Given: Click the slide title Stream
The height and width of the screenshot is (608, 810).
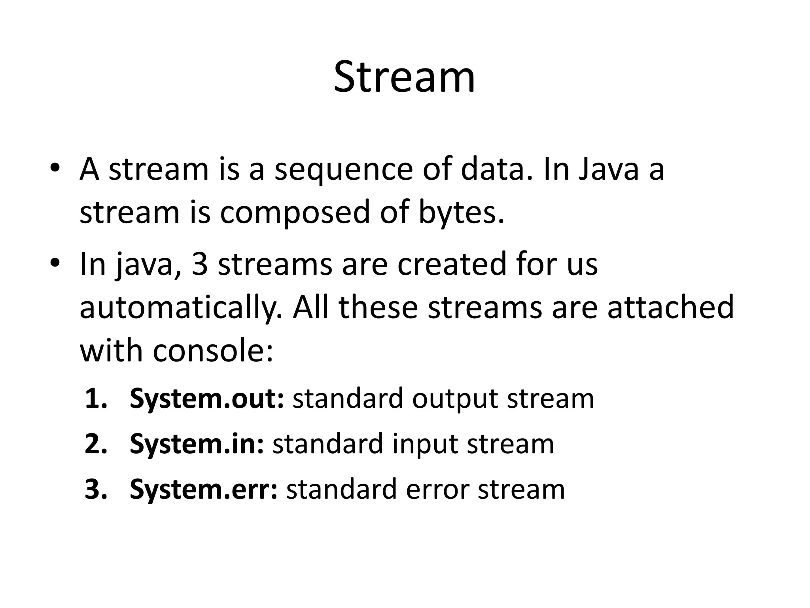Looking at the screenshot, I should coord(404,77).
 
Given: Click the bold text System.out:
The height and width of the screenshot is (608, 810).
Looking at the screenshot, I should coord(207,399).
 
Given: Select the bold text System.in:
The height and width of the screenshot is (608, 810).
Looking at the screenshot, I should coord(197,444).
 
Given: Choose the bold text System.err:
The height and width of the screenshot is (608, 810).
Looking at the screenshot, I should coord(204,489).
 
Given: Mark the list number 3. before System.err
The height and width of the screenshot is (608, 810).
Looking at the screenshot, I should coord(96,489).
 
